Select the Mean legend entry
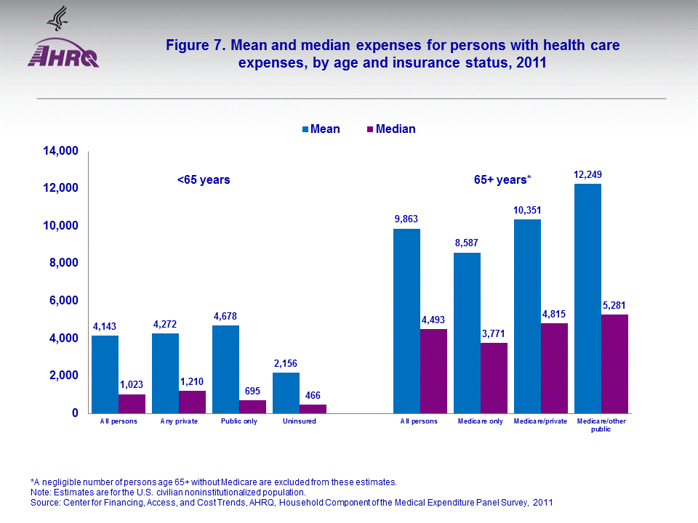click(321, 129)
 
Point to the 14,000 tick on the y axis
click(62, 151)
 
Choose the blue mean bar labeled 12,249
click(587, 298)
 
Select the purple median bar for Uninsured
click(313, 408)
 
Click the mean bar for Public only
click(225, 369)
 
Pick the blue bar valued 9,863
click(406, 320)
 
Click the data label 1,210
click(193, 381)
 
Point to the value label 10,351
click(527, 211)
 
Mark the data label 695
click(252, 391)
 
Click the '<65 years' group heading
click(204, 179)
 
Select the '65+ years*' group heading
click(502, 179)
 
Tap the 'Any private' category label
click(179, 422)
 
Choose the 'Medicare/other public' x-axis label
click(601, 425)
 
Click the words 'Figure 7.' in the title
click(196, 46)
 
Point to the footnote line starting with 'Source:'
click(290, 502)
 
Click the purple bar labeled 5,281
click(614, 363)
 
